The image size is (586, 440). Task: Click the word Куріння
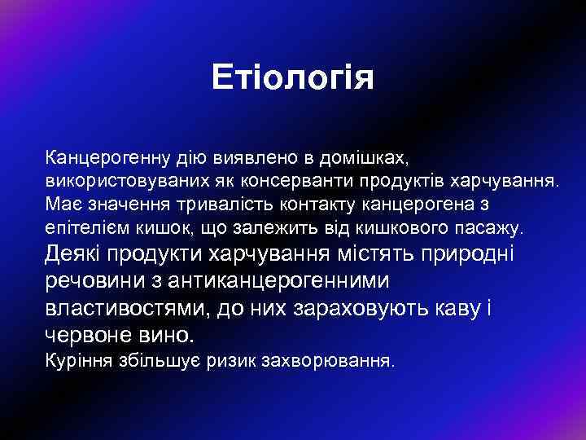click(75, 360)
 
